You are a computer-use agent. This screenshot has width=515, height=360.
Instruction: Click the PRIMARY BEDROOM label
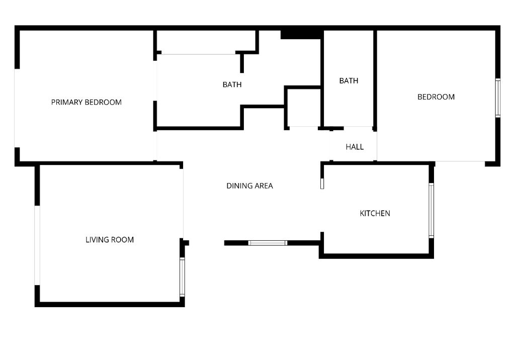87,102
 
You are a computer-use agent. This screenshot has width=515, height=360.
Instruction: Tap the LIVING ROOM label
110,240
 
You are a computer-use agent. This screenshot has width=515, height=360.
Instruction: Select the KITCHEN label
375,214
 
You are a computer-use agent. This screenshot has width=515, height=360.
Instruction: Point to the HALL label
355,147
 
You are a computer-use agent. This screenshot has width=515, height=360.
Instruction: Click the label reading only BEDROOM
436,97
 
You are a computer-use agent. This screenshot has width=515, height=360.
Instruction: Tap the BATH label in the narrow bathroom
349,81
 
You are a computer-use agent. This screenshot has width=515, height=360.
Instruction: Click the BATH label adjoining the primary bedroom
232,85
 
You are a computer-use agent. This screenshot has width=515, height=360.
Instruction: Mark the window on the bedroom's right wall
498,98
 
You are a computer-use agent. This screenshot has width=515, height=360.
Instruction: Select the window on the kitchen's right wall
431,211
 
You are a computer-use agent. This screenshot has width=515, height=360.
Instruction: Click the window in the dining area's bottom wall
268,243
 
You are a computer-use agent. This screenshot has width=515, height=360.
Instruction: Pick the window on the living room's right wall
182,277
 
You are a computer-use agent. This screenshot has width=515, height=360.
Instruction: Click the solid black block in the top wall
301,35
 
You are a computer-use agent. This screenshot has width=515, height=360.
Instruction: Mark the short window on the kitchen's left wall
322,184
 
